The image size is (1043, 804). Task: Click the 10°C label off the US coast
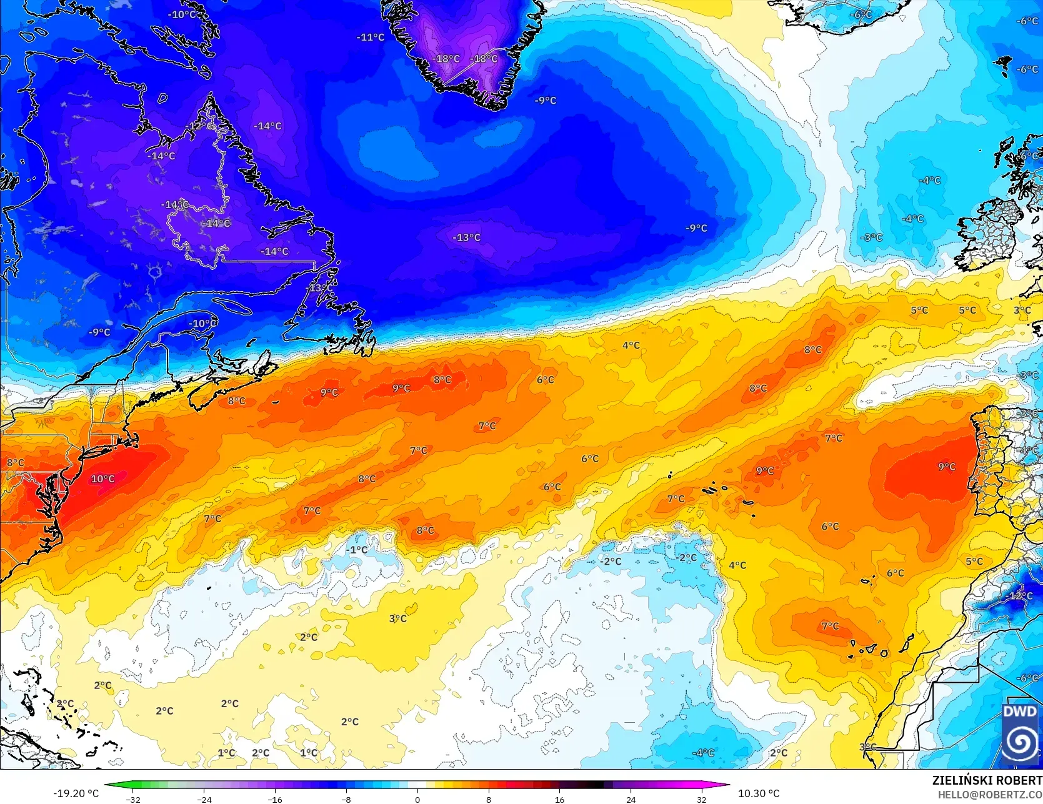coord(103,479)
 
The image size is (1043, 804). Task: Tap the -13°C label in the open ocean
coord(467,237)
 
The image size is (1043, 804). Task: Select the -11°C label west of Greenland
coord(371,37)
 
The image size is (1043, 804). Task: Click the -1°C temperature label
coord(358,550)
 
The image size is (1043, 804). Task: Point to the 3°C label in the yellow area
coord(398,618)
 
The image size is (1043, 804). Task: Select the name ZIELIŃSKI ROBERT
coord(987,780)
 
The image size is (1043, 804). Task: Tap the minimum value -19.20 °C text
coord(76,793)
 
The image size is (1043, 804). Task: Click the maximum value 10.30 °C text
coord(759,793)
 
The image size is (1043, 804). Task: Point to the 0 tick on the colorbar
coord(417,799)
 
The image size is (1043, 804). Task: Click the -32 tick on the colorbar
coord(133,799)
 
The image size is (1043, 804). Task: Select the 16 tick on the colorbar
coord(559,799)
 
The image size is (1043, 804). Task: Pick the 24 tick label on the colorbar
coord(631,799)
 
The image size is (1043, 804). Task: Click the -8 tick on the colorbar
coord(346,799)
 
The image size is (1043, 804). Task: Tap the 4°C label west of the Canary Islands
coord(737,565)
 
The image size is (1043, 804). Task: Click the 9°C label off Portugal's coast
coord(947,467)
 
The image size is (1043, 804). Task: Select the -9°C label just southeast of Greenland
coord(546,101)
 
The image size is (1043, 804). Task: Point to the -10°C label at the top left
coord(182,14)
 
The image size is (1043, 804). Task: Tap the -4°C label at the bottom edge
coord(703,753)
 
